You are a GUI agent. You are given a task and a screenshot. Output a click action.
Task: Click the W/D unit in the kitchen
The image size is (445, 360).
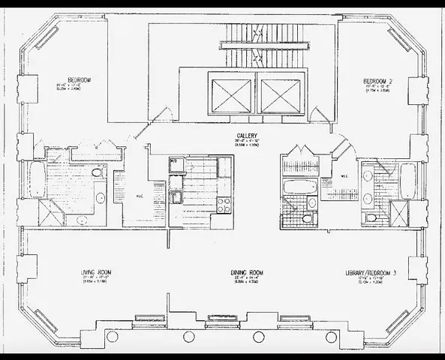pos(174,162)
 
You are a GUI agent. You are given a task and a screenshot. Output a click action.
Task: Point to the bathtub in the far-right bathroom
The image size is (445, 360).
pos(405,180)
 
